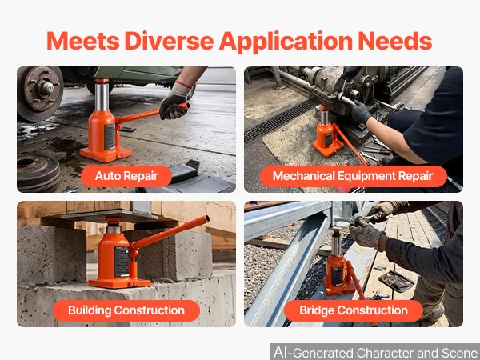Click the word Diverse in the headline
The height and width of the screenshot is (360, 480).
[169, 41]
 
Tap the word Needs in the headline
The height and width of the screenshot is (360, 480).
[395, 41]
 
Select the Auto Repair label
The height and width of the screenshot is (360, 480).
[126, 176]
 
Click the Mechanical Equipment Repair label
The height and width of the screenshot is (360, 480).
[354, 176]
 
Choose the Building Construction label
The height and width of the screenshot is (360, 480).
[126, 310]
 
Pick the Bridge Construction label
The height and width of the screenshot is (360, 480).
[354, 310]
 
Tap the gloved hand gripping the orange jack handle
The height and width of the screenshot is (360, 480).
[174, 103]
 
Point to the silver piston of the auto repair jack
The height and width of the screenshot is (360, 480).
[102, 95]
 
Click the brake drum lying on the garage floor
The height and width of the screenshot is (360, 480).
[39, 172]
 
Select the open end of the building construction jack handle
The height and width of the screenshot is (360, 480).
[207, 218]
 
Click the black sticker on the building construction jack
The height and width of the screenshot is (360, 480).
[122, 261]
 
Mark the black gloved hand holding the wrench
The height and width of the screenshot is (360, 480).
[360, 111]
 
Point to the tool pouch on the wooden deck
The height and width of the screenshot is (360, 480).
[396, 281]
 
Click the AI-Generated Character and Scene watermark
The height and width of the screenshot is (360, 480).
[375, 352]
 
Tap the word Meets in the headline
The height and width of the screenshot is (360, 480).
[83, 41]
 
